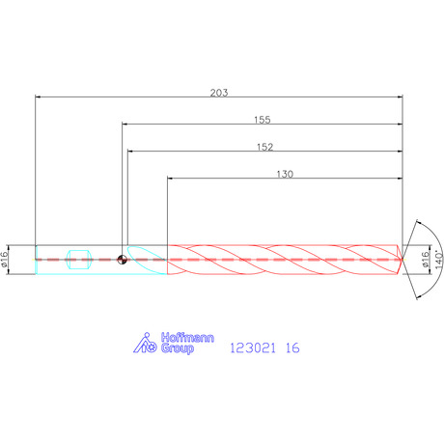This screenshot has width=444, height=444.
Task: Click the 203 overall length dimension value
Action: coord(219,93)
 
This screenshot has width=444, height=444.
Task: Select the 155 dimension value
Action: coord(263,120)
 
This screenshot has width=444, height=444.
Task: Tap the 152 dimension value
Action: coord(264,147)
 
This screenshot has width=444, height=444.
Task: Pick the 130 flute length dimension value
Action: coord(285,174)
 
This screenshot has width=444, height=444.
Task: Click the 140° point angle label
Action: coord(439,260)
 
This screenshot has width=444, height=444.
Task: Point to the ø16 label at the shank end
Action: coord(4,260)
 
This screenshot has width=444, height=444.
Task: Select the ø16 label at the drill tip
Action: coord(426,260)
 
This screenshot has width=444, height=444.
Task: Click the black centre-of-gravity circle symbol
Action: coord(122,260)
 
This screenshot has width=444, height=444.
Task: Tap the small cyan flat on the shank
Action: coord(79,260)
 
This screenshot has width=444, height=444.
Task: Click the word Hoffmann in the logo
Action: coord(187,338)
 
